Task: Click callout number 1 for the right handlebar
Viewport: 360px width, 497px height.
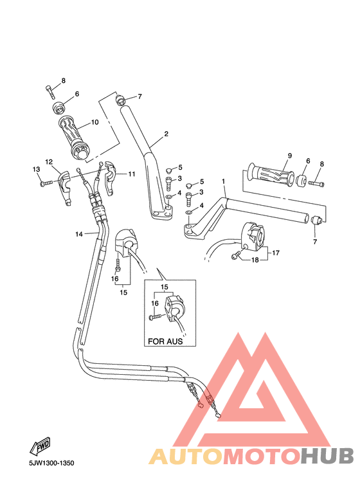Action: click(x=224, y=183)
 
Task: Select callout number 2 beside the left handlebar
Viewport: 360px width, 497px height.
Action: click(x=166, y=134)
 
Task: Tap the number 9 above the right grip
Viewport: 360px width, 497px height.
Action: click(x=289, y=156)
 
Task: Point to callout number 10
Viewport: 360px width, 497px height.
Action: click(x=94, y=122)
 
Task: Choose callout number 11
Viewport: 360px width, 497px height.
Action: click(x=131, y=174)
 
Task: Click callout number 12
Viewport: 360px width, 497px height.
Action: click(x=48, y=162)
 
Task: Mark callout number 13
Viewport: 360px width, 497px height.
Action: click(x=37, y=169)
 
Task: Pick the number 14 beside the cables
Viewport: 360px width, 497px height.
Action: click(x=78, y=234)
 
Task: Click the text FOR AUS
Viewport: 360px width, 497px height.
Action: click(x=166, y=342)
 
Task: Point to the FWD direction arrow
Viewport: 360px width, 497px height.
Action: click(x=41, y=446)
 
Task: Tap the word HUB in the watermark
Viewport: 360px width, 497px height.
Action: click(x=327, y=456)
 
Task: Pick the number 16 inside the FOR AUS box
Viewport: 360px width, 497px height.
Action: click(x=154, y=302)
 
